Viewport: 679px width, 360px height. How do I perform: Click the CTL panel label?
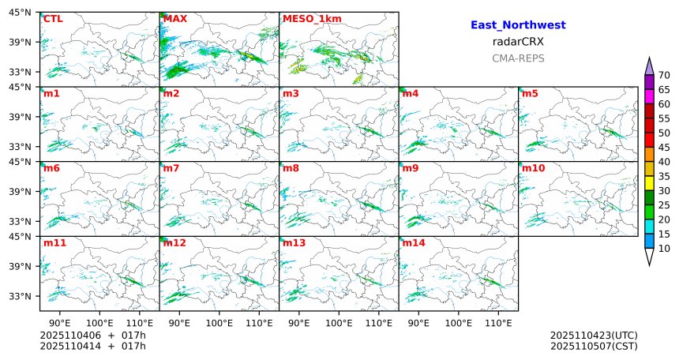coord(53,19)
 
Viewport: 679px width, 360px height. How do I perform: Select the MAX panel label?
coord(175,19)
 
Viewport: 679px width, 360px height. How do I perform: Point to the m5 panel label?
coord(531,94)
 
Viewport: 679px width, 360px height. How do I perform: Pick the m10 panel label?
coord(533,168)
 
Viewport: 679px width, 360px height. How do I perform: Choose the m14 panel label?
coord(413,243)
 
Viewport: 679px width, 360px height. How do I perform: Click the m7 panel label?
coord(171,168)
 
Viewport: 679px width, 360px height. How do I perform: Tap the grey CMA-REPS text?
coord(518,58)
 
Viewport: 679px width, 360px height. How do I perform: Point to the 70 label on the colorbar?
coord(664,75)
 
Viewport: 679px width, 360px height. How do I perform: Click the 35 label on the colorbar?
coord(664,176)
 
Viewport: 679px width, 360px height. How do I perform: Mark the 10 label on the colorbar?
coord(664,249)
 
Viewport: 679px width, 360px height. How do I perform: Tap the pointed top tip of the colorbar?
coord(650,59)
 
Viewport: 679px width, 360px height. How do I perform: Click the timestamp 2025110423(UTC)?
coord(594,336)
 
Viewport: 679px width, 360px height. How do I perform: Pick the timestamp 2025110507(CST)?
coord(594,346)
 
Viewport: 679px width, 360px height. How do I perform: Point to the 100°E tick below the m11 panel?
coord(99,322)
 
